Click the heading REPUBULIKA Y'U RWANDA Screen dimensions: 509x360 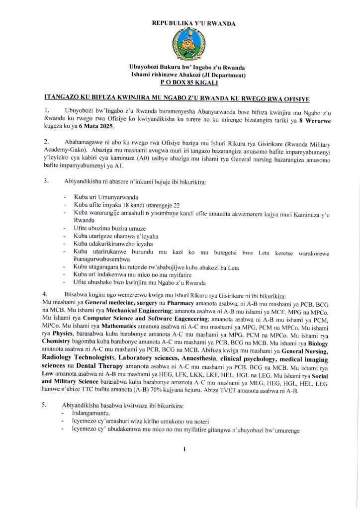[x=180, y=23]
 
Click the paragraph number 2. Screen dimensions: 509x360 [x=47, y=142]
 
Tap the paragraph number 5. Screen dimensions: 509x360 [x=47, y=406]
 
